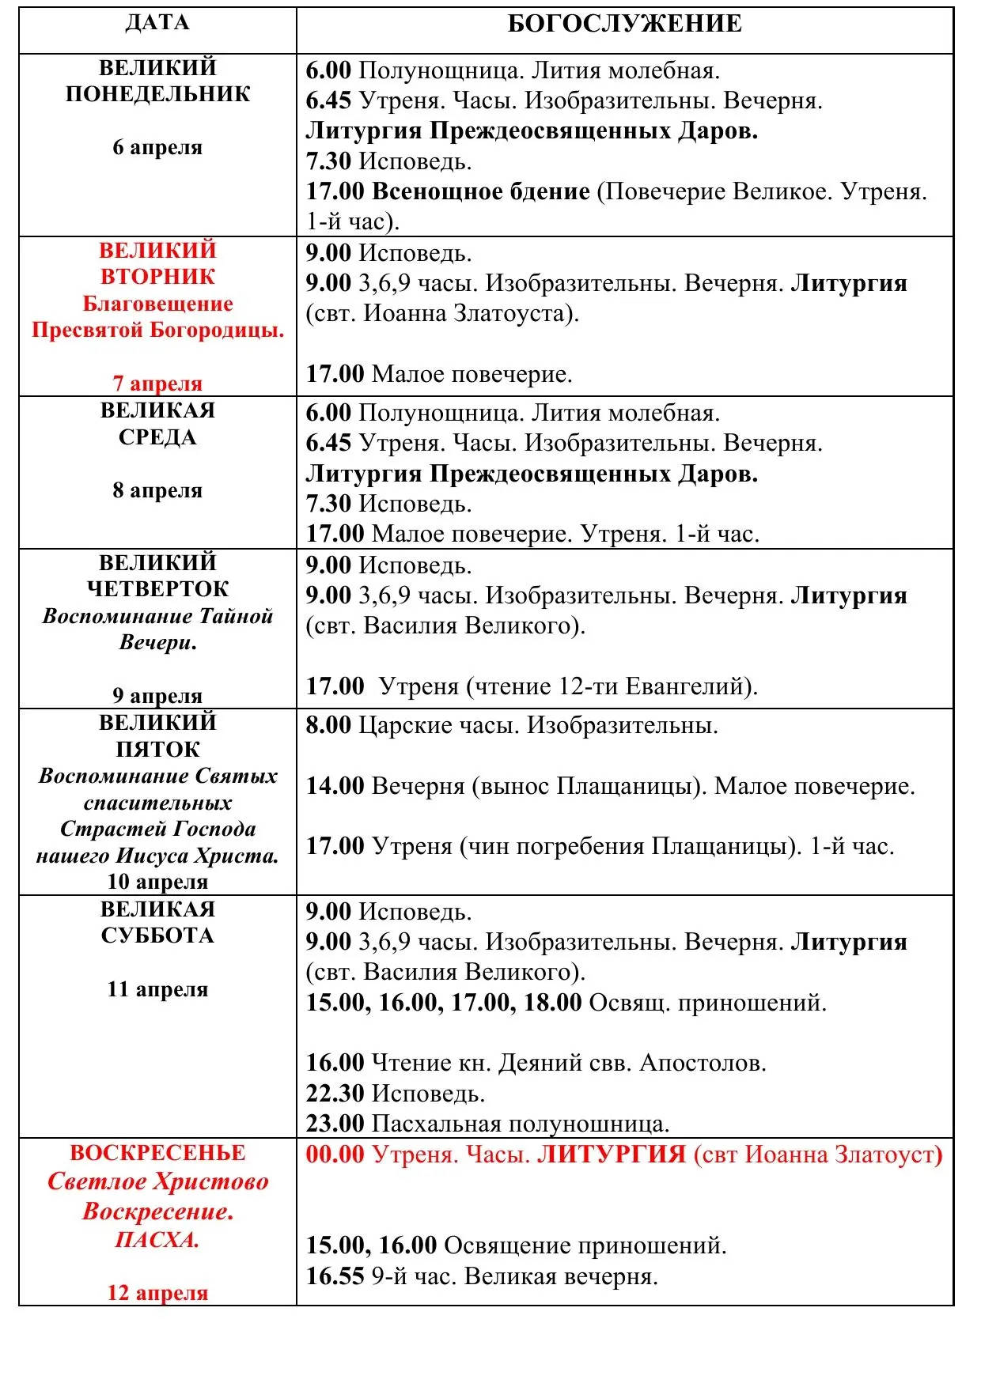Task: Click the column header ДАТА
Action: [x=157, y=22]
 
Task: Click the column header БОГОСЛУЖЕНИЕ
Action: [x=624, y=24]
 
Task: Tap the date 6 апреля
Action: [x=157, y=147]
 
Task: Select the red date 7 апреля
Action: [x=157, y=384]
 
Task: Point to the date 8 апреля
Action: [x=157, y=490]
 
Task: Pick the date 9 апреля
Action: [x=157, y=695]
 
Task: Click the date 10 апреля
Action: [x=157, y=881]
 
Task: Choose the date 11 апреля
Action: [x=157, y=989]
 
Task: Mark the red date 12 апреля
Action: [x=157, y=1292]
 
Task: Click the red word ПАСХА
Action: [x=157, y=1239]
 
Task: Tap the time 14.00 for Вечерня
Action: [x=335, y=786]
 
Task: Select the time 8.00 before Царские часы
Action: [x=328, y=725]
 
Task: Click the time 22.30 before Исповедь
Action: [x=335, y=1094]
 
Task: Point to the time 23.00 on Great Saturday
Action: [x=335, y=1124]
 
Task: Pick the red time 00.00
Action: [x=335, y=1155]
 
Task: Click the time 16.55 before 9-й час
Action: [x=335, y=1276]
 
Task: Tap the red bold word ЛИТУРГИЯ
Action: [x=611, y=1155]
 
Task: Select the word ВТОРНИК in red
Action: [x=157, y=277]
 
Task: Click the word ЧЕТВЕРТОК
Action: [x=157, y=589]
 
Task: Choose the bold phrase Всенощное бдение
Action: [x=481, y=191]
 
